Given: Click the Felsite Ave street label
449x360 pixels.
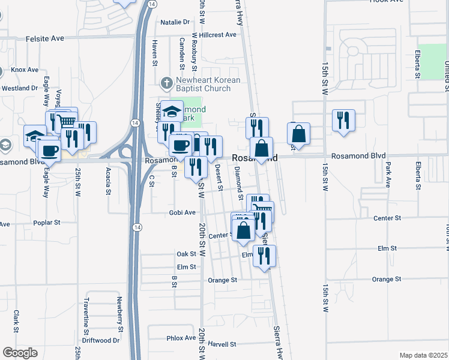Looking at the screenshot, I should (45, 38).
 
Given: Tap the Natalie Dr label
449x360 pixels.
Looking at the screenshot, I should (175, 22).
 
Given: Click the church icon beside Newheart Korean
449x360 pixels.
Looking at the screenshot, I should (166, 82).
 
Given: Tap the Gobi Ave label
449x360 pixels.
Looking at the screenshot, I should (182, 212).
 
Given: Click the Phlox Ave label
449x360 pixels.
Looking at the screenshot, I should (181, 338).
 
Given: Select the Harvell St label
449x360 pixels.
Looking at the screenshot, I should (223, 344).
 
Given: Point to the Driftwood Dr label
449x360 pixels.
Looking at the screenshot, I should (101, 340).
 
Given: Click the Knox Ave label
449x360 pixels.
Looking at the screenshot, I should (25, 70).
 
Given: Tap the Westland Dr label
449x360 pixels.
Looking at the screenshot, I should (20, 88).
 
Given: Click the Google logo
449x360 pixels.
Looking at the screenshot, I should (20, 353).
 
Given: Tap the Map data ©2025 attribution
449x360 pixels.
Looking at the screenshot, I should (423, 355).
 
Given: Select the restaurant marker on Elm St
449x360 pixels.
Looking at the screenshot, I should (264, 256).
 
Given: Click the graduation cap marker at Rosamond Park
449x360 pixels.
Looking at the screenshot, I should (172, 112).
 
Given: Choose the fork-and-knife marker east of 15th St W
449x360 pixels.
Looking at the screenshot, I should (343, 120).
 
